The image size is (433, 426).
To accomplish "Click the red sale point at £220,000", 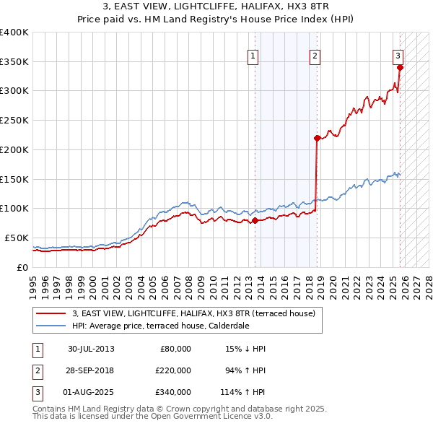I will [317, 138].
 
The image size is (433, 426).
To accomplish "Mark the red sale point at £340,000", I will [401, 68].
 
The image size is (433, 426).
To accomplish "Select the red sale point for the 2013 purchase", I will [255, 221].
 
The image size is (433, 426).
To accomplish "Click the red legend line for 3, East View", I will [51, 314].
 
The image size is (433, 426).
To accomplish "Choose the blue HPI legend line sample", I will [51, 326].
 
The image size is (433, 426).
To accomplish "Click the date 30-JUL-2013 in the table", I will [92, 349].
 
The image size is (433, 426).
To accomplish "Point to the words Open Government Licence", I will [209, 416].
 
